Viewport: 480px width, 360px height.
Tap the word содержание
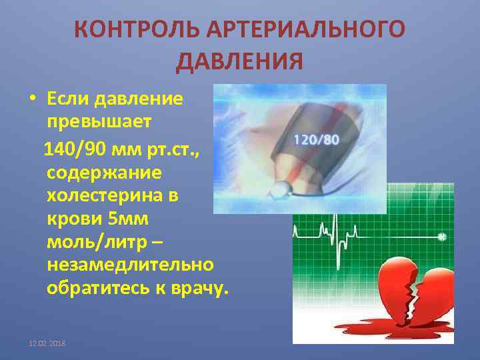click(x=103, y=173)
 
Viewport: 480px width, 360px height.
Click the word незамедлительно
click(x=131, y=267)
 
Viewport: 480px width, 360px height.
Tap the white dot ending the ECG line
click(x=441, y=237)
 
